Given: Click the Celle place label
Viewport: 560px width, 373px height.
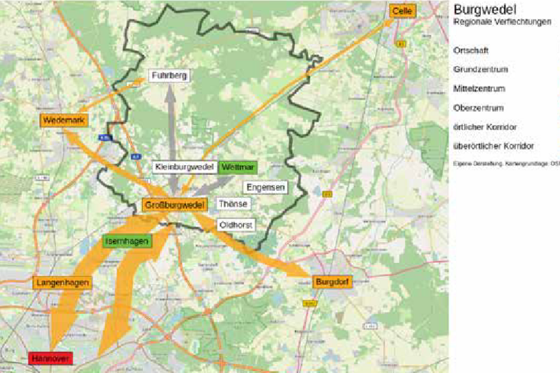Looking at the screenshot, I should click(x=403, y=11).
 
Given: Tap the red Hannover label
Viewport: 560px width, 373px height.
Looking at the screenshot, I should click(x=51, y=359).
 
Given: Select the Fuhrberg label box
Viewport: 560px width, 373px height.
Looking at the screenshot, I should click(x=169, y=76).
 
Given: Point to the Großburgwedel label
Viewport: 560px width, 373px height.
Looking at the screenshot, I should click(x=175, y=205).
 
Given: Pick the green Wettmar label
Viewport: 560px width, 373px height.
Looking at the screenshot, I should click(x=238, y=166).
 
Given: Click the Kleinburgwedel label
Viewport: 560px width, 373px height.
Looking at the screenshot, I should click(x=185, y=166).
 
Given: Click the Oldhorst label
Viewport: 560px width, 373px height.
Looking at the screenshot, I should click(x=235, y=225).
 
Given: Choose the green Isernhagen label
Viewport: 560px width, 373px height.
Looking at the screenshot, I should click(x=128, y=242).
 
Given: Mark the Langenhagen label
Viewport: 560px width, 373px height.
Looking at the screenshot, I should click(x=62, y=283).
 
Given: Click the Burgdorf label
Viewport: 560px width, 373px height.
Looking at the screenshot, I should click(x=332, y=282).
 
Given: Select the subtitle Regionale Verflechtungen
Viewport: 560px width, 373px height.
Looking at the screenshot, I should click(x=502, y=21).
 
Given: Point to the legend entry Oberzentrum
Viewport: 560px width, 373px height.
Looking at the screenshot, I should click(x=478, y=107).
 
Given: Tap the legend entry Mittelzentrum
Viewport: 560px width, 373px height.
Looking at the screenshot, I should click(x=479, y=88).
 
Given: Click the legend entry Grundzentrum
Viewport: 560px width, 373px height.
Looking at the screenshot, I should click(x=480, y=69).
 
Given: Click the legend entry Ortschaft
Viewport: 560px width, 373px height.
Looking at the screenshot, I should click(x=471, y=50).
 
